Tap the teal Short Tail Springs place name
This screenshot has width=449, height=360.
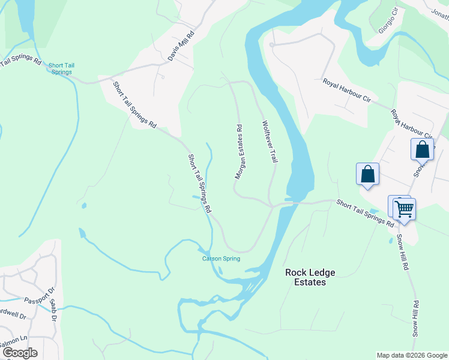point(60,69)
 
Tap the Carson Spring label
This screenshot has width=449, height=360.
point(221,259)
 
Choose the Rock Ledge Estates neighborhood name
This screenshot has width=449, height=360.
point(310,277)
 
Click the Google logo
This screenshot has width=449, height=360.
point(20,353)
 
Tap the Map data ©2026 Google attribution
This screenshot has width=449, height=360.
point(411,355)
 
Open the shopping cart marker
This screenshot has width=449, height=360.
point(405,209)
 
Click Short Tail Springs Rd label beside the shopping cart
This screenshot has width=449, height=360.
point(365,213)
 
